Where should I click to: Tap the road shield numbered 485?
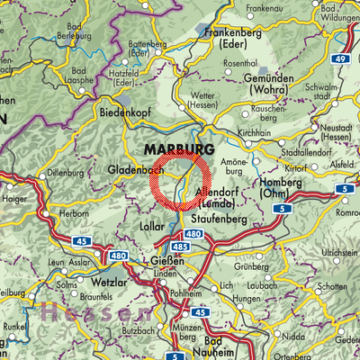click(x=178, y=247)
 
